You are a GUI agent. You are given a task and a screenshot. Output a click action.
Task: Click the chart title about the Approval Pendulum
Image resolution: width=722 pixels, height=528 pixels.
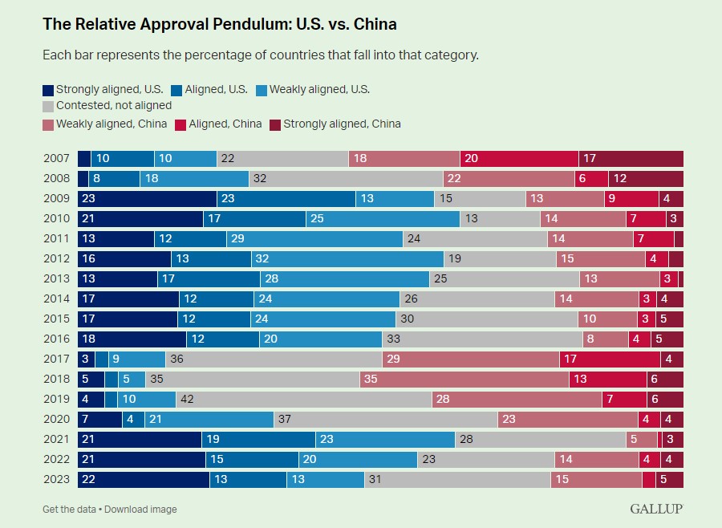pyautogui.click(x=220, y=24)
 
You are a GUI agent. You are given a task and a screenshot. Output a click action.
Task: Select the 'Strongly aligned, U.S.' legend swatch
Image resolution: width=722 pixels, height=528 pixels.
pyautogui.click(x=48, y=91)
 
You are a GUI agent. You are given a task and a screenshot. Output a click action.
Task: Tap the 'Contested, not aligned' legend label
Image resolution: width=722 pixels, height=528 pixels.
pyautogui.click(x=114, y=105)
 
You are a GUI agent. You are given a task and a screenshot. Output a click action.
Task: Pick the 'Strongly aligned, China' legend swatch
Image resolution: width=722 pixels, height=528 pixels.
pyautogui.click(x=275, y=125)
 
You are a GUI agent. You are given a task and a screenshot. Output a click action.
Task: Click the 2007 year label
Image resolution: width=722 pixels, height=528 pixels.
pyautogui.click(x=56, y=159)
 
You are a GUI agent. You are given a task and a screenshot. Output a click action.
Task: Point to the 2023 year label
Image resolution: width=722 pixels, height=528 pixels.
pyautogui.click(x=56, y=479)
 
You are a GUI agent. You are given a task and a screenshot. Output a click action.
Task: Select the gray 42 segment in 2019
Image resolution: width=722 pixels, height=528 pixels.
pyautogui.click(x=304, y=399)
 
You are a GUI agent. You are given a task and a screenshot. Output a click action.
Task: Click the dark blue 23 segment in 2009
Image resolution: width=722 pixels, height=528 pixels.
pyautogui.click(x=148, y=198)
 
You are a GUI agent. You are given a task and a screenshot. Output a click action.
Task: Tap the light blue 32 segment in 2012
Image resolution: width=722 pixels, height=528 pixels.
pyautogui.click(x=347, y=258)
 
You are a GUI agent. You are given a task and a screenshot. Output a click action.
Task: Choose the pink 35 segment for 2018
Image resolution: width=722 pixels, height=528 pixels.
pyautogui.click(x=464, y=379)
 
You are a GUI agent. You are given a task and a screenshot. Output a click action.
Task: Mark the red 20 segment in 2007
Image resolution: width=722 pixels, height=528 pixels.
pyautogui.click(x=519, y=159)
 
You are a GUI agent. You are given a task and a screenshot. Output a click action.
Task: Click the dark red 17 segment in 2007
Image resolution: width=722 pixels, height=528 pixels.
pyautogui.click(x=631, y=159)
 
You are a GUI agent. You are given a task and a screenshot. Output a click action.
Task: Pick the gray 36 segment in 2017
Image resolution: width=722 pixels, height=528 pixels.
pyautogui.click(x=274, y=359)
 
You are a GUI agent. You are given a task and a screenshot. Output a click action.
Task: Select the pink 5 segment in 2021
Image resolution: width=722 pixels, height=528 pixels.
pyautogui.click(x=642, y=439)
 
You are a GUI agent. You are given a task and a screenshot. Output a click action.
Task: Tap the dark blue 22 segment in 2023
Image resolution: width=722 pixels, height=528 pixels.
pyautogui.click(x=144, y=479)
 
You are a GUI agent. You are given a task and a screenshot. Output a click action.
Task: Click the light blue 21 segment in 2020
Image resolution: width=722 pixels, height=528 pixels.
pyautogui.click(x=209, y=419)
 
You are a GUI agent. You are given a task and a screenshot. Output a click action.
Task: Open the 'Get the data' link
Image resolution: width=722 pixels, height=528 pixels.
pyautogui.click(x=69, y=510)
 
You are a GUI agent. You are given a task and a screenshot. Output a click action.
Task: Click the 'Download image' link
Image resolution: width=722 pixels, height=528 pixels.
pyautogui.click(x=140, y=510)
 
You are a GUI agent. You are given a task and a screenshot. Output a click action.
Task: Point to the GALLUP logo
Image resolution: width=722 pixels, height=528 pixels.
pyautogui.click(x=656, y=509)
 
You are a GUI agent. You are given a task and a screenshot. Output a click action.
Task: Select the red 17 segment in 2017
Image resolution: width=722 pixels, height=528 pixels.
pyautogui.click(x=610, y=359)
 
